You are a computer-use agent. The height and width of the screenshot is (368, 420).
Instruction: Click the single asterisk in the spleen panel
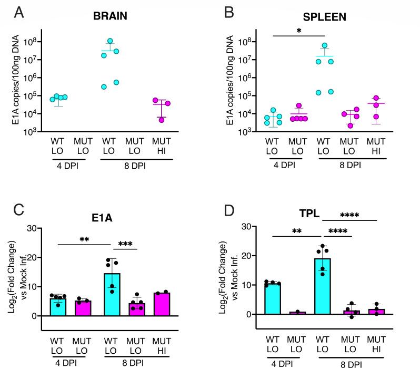(x=298, y=31)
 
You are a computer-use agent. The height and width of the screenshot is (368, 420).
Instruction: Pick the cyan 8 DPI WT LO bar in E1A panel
(x=111, y=295)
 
